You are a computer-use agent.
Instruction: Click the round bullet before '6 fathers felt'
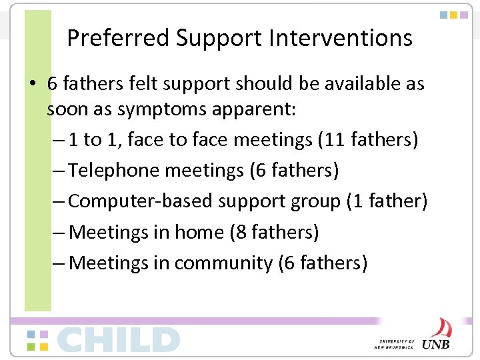(32, 85)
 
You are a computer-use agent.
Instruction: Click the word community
(223, 263)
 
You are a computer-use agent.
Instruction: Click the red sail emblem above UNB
(439, 328)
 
